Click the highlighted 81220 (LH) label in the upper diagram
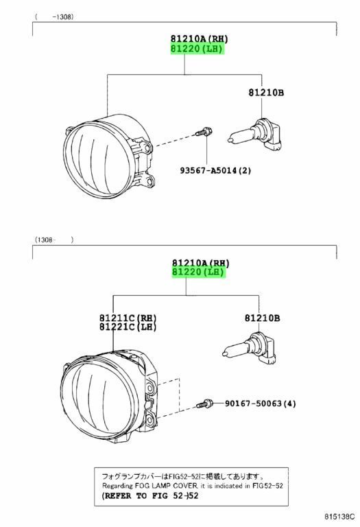point(197,49)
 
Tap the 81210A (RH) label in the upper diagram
point(199,39)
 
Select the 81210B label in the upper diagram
point(266,93)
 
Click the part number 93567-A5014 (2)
point(215,170)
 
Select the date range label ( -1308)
point(53,16)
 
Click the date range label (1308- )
point(53,239)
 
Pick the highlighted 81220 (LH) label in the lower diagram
point(198,272)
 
